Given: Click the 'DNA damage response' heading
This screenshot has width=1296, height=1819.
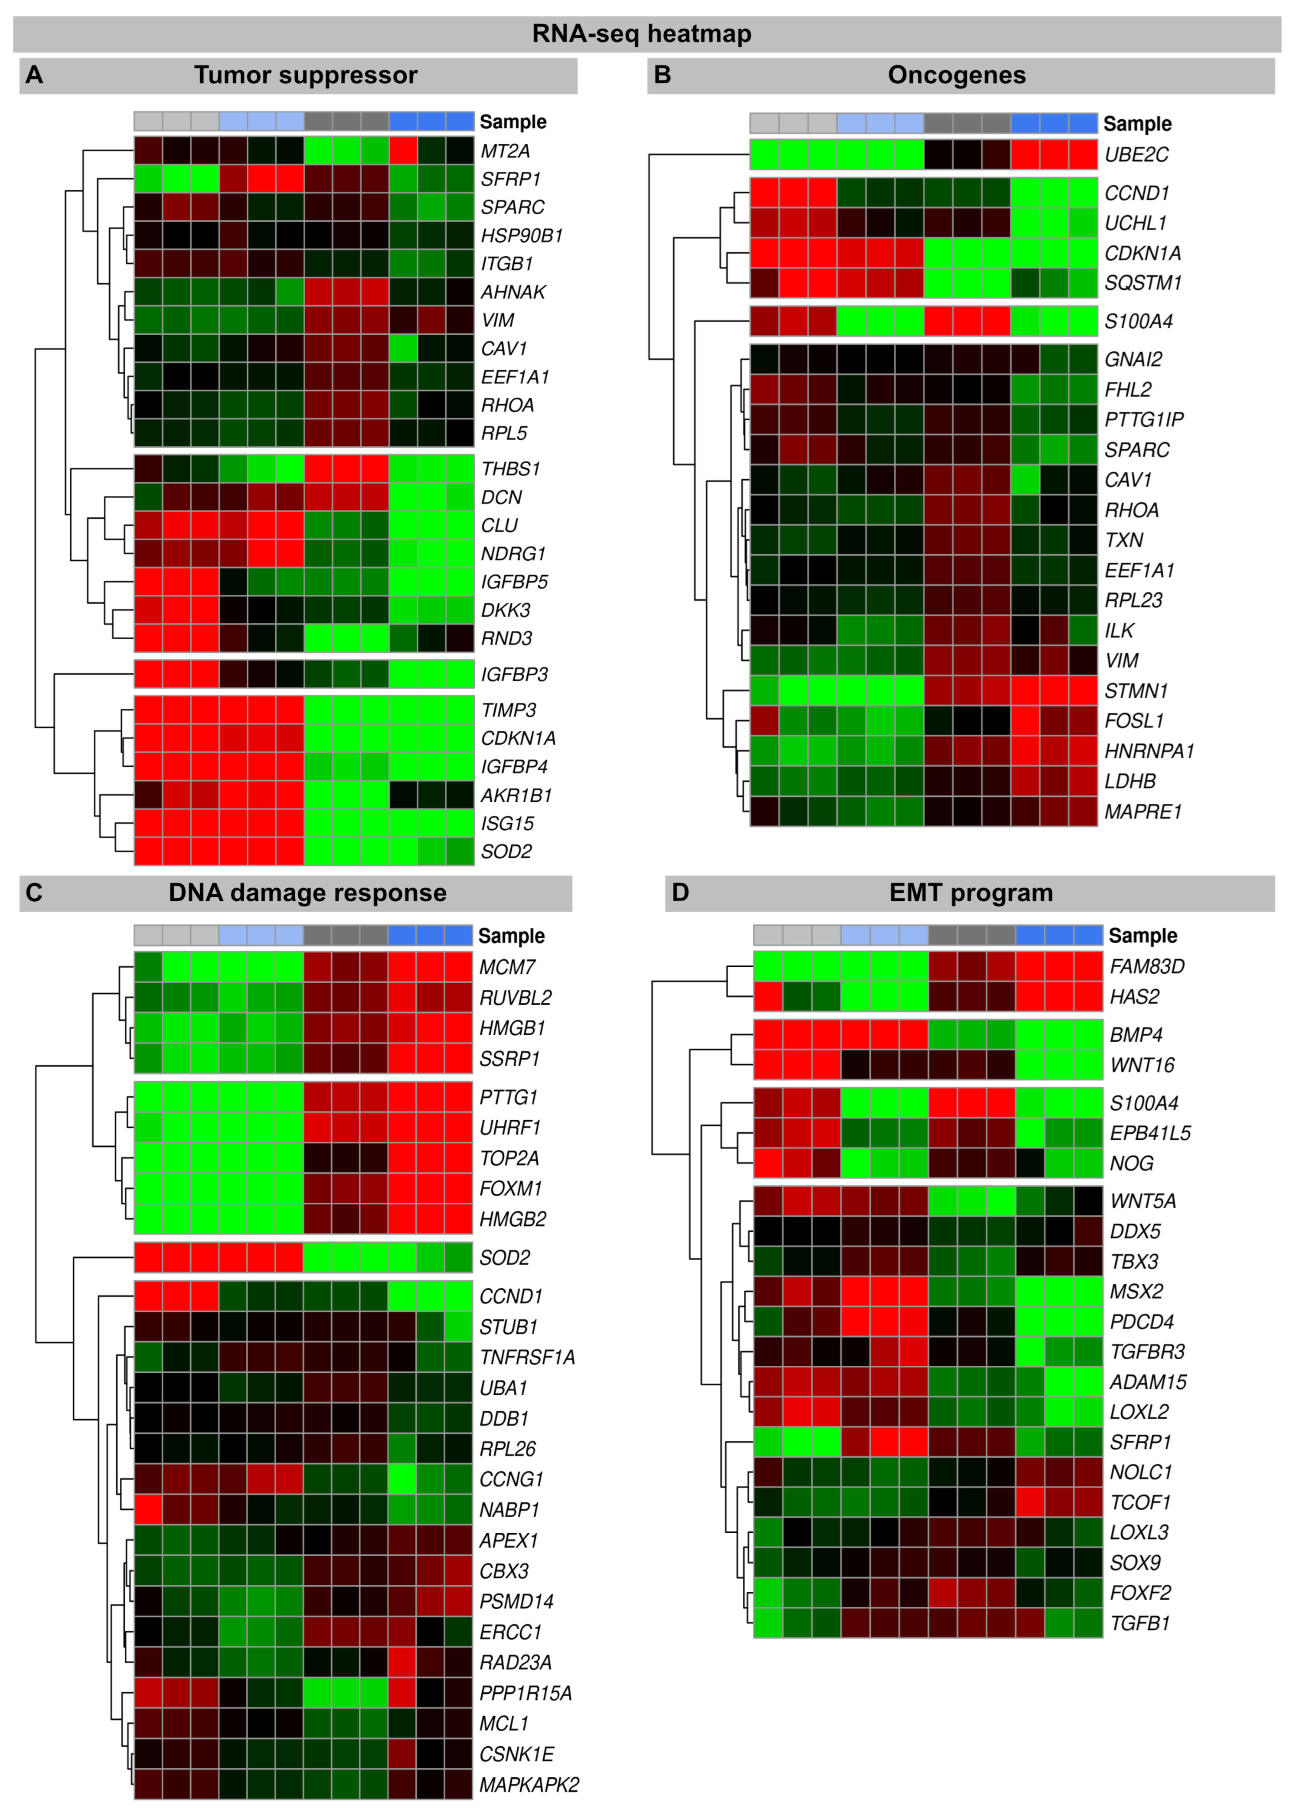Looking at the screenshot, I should (307, 892).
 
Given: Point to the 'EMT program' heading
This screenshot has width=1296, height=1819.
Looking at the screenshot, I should (970, 892).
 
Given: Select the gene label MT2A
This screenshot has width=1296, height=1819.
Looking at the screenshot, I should (505, 152).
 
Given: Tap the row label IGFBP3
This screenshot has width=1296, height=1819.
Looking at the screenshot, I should (514, 674).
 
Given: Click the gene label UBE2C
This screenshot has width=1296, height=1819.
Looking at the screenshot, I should (1136, 155).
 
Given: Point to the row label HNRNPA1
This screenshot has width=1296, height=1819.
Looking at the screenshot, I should (1149, 751).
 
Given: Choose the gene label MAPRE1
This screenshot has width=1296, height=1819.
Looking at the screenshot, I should (1143, 812).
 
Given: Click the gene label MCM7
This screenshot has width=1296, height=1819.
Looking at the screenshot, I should (507, 967).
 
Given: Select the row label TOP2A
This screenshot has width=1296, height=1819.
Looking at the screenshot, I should (509, 1158).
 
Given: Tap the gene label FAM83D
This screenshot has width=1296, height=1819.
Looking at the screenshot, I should (1147, 967).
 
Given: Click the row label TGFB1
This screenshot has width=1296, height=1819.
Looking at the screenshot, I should (1139, 1623).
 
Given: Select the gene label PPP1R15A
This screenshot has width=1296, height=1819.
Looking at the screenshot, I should (525, 1693).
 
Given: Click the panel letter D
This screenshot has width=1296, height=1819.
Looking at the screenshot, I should (680, 892).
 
